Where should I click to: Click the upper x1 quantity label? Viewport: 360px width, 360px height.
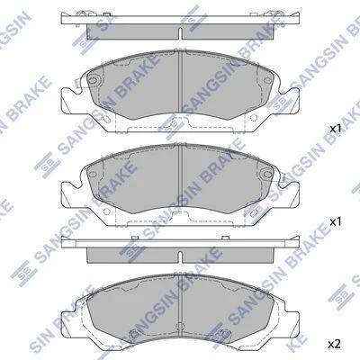(336, 129)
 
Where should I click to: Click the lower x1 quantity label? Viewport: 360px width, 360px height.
(336, 222)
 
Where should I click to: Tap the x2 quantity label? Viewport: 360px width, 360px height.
(335, 344)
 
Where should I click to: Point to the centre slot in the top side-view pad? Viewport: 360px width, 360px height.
(180, 33)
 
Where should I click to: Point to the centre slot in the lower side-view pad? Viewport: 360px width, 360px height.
(180, 257)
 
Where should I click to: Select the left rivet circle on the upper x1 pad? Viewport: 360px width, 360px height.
(93, 80)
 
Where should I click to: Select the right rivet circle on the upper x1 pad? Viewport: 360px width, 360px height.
(267, 80)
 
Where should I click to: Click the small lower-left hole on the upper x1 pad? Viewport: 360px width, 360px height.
(105, 118)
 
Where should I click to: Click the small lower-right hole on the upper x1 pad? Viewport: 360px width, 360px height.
(254, 118)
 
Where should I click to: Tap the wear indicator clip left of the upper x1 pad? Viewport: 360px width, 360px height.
(76, 84)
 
